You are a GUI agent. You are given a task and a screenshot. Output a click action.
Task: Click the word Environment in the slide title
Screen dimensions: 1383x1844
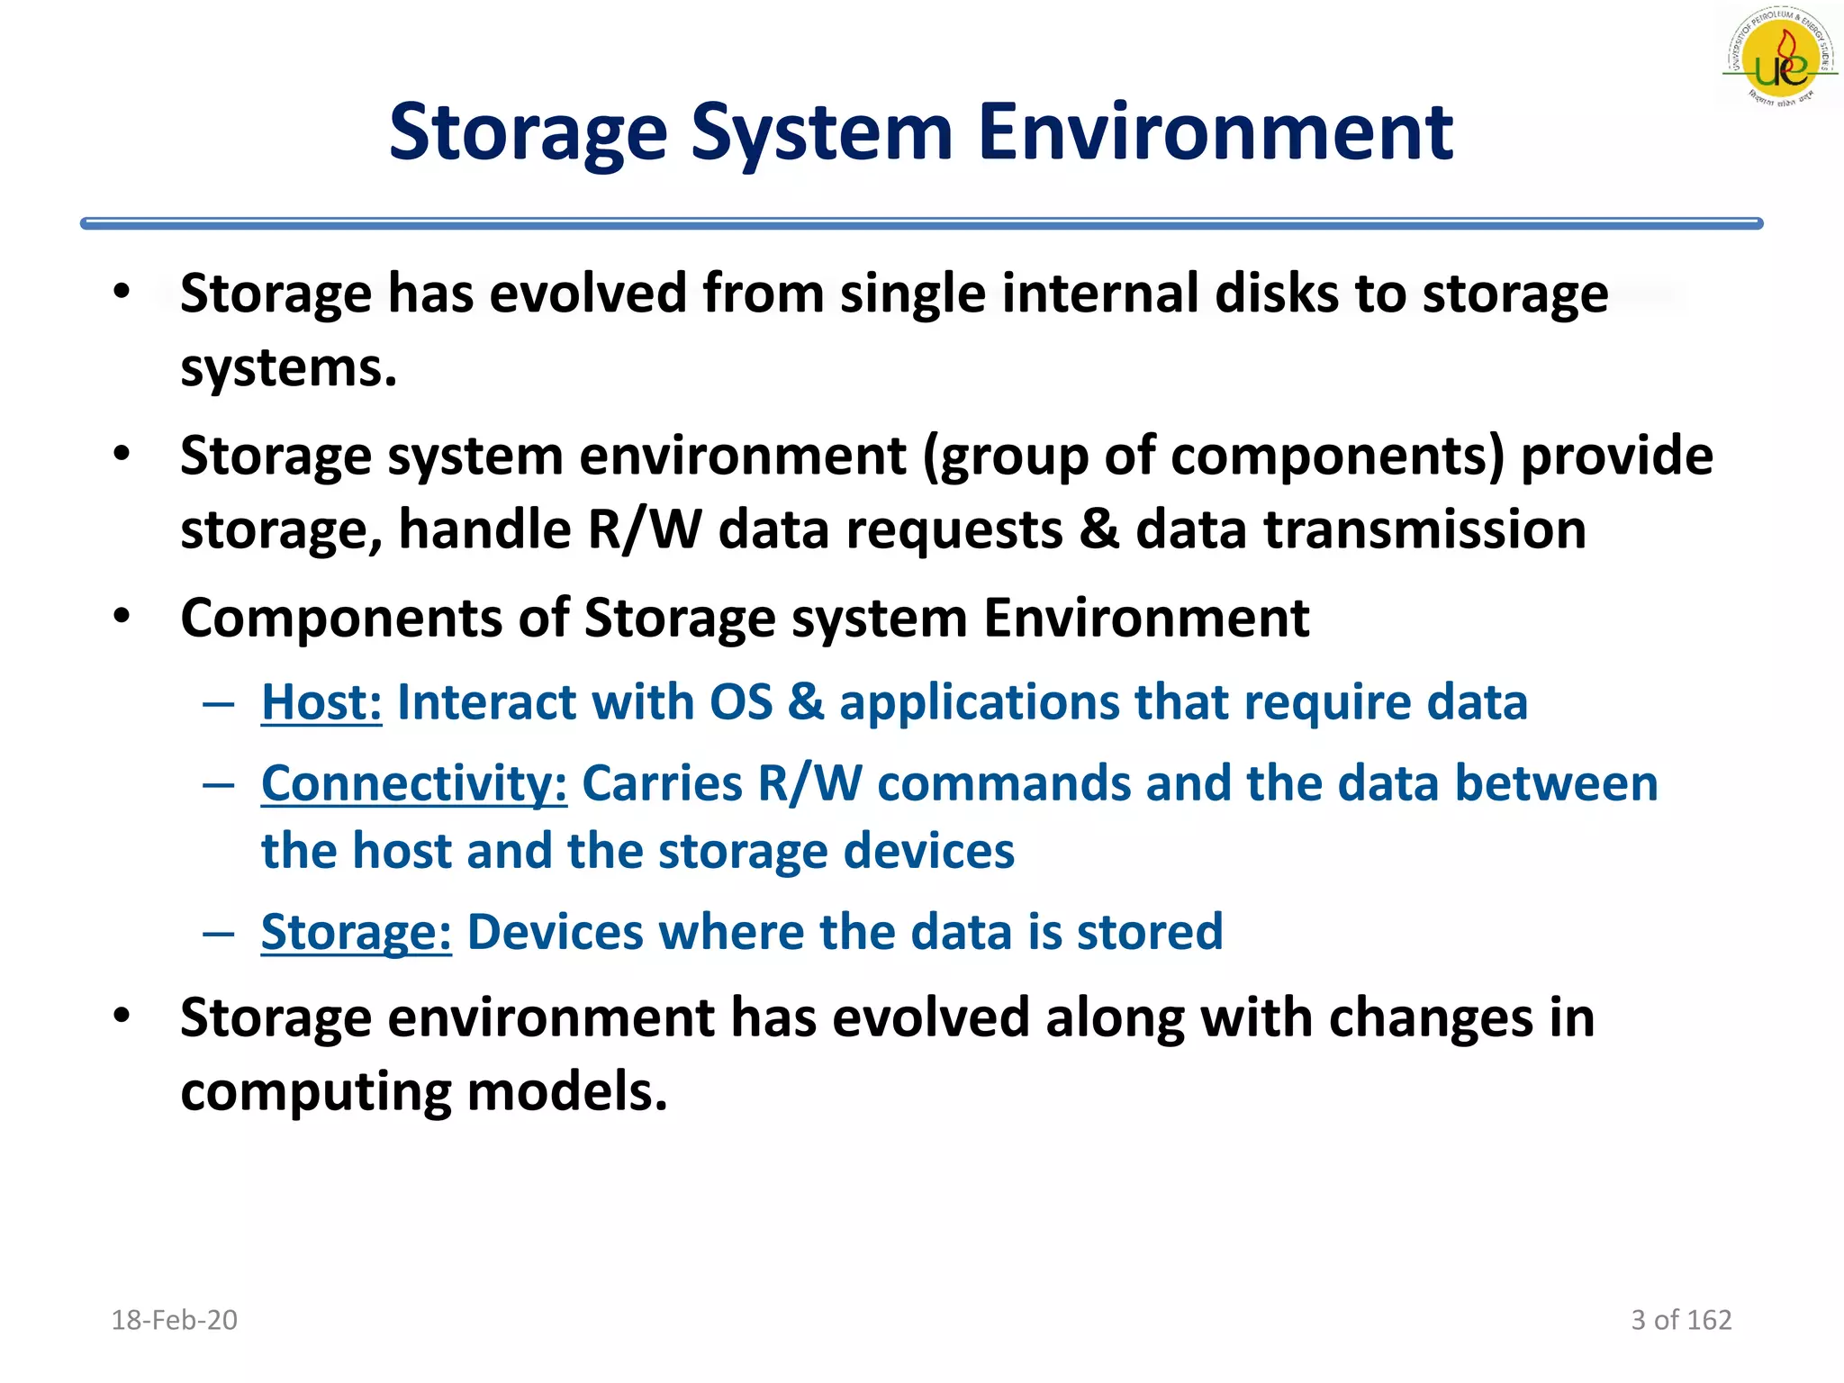1215,133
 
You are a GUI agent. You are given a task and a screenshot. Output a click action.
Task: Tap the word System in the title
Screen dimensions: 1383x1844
821,133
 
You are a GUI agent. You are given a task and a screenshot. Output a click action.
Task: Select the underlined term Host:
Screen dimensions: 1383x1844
321,702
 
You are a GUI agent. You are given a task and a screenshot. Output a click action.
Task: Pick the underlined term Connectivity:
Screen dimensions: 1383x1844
414,783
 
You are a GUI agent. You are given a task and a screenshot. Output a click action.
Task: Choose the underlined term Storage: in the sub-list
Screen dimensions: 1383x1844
356,932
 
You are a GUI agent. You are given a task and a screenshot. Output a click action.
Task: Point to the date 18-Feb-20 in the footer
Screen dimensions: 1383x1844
174,1320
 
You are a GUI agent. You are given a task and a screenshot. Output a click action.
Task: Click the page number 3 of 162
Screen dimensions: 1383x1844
1681,1320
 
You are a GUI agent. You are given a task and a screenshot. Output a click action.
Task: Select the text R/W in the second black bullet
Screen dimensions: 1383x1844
643,529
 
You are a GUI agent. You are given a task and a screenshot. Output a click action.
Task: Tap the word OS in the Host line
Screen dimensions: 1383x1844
741,702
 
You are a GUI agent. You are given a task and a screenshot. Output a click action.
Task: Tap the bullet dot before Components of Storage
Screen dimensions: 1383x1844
122,617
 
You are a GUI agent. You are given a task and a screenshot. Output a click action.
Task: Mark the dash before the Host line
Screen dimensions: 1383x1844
219,702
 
